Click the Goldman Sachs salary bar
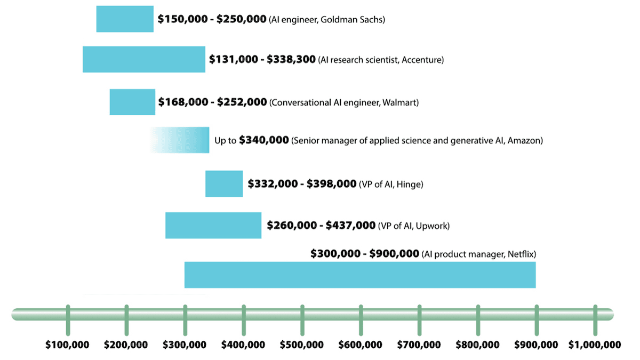[125, 19]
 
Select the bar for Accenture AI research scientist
[143, 59]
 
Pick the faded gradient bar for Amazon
[181, 140]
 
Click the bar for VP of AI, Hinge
[224, 183]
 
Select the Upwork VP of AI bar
[213, 225]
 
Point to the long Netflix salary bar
[360, 275]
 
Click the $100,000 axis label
[67, 345]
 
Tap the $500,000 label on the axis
[302, 345]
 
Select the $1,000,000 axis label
[595, 345]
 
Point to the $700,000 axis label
[419, 345]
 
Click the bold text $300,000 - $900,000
[365, 254]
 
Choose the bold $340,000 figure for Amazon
[264, 140]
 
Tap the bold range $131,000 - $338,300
[262, 60]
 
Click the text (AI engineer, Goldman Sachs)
[327, 20]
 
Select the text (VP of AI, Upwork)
[414, 226]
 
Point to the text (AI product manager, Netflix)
[478, 254]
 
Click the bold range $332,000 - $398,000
[302, 184]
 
